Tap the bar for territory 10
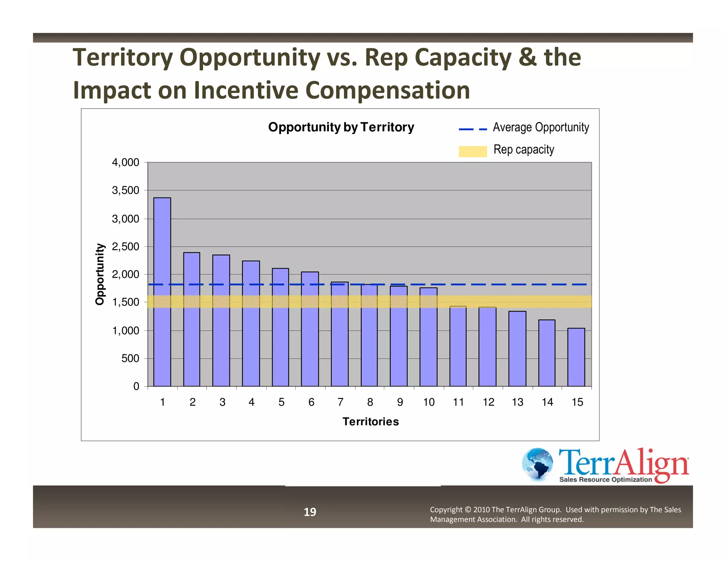(428, 337)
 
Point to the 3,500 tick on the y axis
(125, 190)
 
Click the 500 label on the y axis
(130, 359)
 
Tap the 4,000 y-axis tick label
(125, 162)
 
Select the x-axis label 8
(370, 402)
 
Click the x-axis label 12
(488, 402)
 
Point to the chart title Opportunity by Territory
(341, 127)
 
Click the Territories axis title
(370, 421)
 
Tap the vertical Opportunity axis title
(100, 274)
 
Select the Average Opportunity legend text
(541, 127)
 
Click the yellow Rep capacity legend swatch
(473, 151)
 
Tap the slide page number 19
(310, 512)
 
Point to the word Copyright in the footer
(446, 510)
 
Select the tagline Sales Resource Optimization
(605, 479)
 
